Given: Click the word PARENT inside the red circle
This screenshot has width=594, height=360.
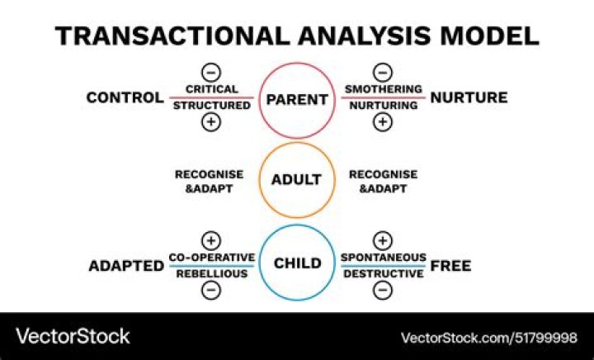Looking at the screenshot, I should click(297, 99).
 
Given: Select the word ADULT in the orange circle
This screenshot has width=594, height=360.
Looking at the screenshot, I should click(297, 180).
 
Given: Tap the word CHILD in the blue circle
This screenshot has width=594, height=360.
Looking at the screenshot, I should click(297, 264).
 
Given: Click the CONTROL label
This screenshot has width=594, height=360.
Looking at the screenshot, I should click(125, 98).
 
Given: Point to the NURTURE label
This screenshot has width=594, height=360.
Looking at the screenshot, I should click(469, 98).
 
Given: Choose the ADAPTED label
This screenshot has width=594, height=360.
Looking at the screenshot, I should click(125, 265).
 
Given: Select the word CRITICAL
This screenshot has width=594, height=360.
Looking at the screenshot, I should click(211, 89).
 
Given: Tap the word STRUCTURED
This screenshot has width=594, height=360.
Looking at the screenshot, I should click(211, 106).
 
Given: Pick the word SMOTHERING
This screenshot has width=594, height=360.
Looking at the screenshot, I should click(383, 89).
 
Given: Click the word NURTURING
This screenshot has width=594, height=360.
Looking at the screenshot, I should click(383, 106).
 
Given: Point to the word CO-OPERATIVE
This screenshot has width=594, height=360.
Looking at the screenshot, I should click(211, 257).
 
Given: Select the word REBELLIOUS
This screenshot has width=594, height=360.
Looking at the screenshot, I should click(211, 273).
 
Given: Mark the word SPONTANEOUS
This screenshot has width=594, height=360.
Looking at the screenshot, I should click(383, 257).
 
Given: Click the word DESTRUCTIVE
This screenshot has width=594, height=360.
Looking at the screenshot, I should click(383, 273).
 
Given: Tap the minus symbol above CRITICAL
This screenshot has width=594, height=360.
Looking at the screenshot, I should click(211, 72).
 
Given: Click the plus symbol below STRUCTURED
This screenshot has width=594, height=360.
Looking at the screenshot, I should click(211, 123).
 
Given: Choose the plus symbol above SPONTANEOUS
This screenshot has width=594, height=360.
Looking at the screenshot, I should click(383, 240).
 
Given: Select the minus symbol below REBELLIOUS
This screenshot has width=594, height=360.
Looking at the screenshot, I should click(211, 291).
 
